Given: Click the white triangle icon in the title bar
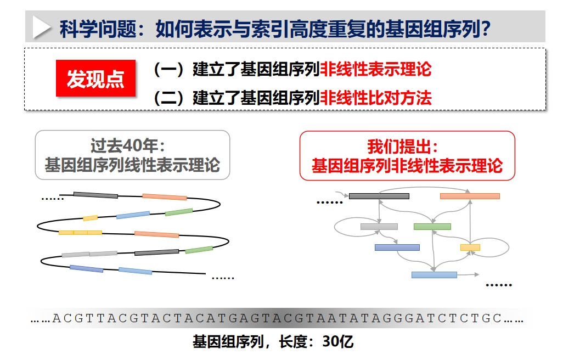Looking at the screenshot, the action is click(x=41, y=27).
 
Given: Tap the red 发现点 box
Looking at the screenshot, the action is click(x=95, y=78).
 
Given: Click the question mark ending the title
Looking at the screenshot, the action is click(x=486, y=29).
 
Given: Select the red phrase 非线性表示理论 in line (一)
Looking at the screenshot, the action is click(x=375, y=69).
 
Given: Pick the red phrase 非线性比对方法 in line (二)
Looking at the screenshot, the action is click(x=375, y=98).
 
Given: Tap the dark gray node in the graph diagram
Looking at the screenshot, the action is click(x=379, y=196).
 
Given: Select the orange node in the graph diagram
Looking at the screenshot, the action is click(x=470, y=196).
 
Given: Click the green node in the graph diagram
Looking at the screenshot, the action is click(x=432, y=227).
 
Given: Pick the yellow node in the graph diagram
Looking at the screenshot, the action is click(x=470, y=248).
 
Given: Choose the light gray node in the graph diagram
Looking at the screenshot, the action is click(x=379, y=227).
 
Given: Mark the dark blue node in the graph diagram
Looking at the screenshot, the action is click(x=397, y=248).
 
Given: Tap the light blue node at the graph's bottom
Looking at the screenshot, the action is click(x=434, y=275).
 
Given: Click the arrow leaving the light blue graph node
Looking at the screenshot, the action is click(x=468, y=275).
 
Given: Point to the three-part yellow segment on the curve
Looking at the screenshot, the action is click(x=81, y=233).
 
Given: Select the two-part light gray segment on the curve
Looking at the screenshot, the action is click(x=89, y=254).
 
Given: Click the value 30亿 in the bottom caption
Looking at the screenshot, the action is click(x=337, y=342).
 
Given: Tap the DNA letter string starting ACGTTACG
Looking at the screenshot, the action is click(x=277, y=318).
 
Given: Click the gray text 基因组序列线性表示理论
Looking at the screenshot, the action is click(x=132, y=165).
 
